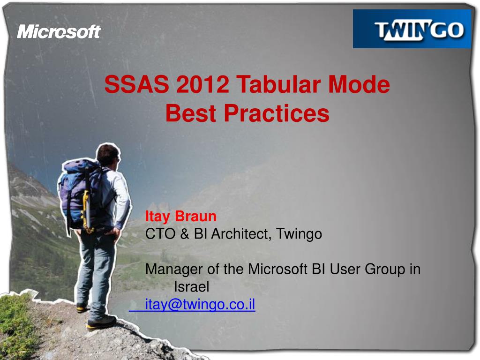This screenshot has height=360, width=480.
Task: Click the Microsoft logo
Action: tap(59, 32)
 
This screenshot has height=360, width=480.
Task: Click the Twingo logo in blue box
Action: tap(412, 29)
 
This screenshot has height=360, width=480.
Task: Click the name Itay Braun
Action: tap(181, 216)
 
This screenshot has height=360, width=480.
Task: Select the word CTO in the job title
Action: tap(159, 233)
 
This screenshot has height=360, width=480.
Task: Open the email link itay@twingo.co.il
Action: tap(200, 305)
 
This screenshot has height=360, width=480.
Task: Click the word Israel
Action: tap(191, 287)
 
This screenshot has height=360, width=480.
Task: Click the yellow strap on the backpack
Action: tap(86, 211)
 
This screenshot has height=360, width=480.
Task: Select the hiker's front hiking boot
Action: tap(101, 322)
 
